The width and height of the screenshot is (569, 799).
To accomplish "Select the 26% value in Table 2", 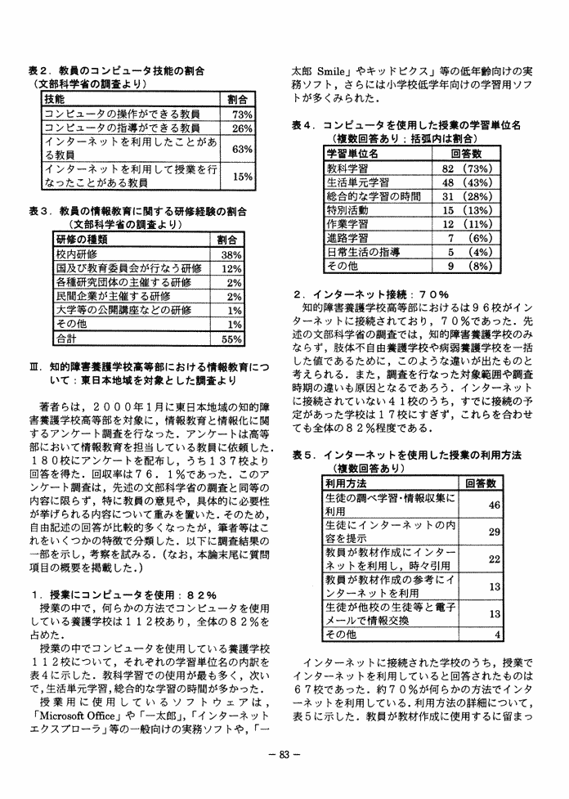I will tap(242, 129).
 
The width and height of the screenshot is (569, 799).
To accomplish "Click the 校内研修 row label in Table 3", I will tap(76, 254).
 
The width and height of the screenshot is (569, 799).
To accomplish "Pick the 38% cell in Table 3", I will tap(231, 254).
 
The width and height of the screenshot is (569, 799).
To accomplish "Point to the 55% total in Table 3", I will tap(231, 338).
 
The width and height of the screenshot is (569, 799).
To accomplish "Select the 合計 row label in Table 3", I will tap(65, 338).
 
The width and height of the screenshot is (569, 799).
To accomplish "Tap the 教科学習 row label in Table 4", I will tap(347, 168).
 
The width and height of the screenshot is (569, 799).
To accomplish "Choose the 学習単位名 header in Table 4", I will tap(352, 153).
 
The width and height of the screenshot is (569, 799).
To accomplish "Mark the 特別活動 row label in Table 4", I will tap(347, 210).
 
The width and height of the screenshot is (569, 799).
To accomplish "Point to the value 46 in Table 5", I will tap(493, 505).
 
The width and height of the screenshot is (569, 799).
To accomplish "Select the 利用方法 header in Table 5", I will tap(346, 483).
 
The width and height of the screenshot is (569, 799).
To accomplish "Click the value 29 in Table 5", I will tap(493, 532).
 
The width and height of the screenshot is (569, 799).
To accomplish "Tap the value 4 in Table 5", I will tap(496, 634).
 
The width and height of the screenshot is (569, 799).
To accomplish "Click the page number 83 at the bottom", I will tap(284, 778).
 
